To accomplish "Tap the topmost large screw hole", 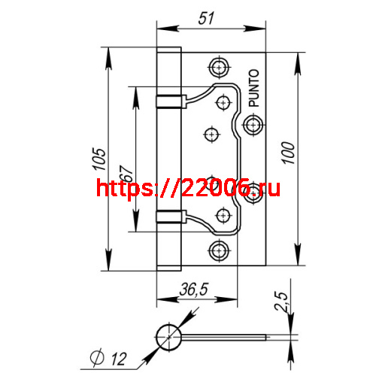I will [x=219, y=66].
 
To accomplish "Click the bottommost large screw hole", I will [x=219, y=249].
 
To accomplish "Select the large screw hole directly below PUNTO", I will [x=253, y=123].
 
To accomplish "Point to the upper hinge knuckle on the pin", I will [x=170, y=102].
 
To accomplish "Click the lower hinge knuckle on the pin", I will [x=170, y=217].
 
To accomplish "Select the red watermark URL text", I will [x=188, y=188].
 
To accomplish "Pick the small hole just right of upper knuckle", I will [x=224, y=101].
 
